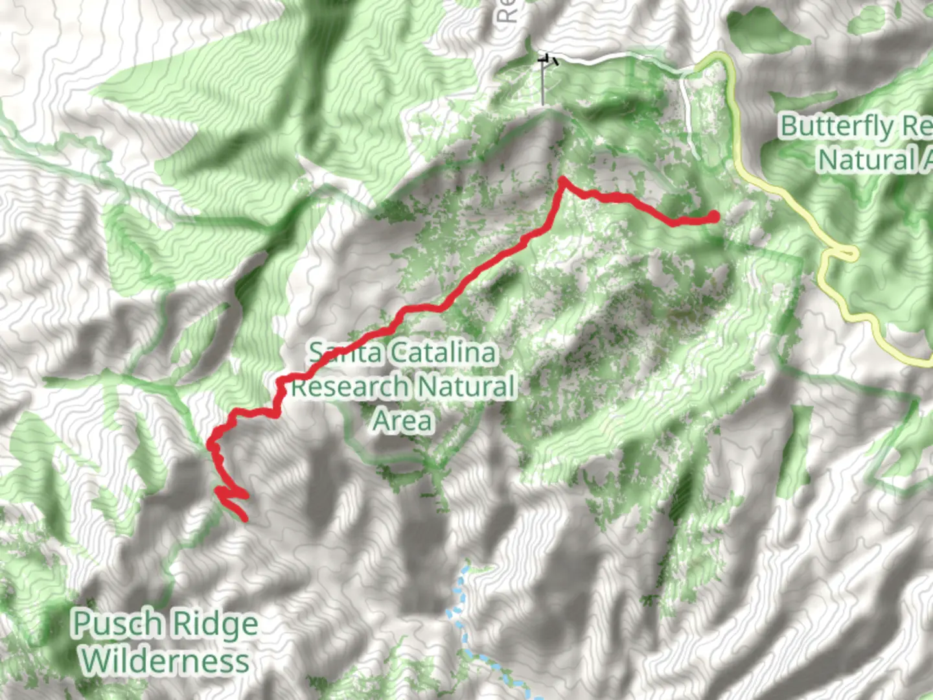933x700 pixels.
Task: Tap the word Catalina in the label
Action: pos(444,353)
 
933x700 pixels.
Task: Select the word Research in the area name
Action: pos(349,387)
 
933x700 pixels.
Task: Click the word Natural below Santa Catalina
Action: pos(465,387)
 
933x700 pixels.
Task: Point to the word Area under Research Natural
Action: pos(402,421)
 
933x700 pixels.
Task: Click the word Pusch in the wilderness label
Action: pos(117,624)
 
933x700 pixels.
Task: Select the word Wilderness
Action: pos(165,661)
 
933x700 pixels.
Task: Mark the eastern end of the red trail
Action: pos(714,216)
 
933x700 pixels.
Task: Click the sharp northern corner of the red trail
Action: pos(562,180)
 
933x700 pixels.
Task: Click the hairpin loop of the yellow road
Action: pos(849,253)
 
